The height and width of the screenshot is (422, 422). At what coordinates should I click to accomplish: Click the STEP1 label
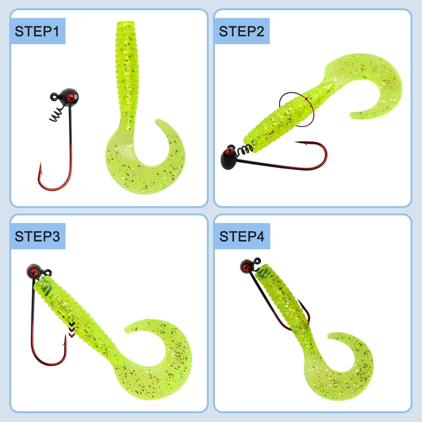coord(37,31)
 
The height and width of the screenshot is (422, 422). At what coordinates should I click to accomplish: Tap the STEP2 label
coord(241,31)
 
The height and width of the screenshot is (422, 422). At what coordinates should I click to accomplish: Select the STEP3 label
coord(37,236)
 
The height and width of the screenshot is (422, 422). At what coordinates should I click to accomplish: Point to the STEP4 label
coord(242,236)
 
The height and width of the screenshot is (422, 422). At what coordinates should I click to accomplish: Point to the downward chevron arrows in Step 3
coord(72,329)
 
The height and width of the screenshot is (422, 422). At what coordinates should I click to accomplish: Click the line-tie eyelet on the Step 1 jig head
coord(54,96)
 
